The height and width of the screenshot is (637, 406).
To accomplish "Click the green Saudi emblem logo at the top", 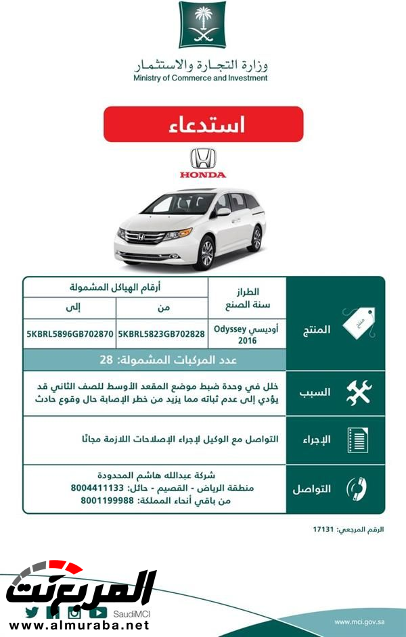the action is coord(202,25).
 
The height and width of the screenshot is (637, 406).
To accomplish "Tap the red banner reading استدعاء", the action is coord(203,124).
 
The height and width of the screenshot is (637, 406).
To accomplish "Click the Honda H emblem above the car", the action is coord(202,160).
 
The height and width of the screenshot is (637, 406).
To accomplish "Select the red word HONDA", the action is coord(202,175).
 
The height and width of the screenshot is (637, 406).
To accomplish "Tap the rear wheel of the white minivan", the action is coord(256,238).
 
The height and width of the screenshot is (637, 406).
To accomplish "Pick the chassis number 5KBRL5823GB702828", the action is coord(162,333).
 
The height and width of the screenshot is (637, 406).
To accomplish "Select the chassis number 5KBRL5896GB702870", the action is coord(70,333).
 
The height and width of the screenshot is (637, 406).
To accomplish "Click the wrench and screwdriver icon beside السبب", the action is coord(359,392).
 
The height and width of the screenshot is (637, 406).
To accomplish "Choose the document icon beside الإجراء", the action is coord(358,440).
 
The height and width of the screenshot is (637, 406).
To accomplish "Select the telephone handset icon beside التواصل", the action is coord(357,488).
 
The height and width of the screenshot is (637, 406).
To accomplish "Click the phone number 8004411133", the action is coord(97,488).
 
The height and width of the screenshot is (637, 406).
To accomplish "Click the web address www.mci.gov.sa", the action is coord(360,621).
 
